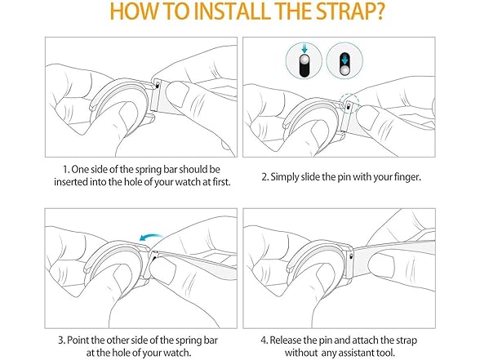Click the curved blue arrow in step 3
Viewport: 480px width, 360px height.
pyautogui.click(x=150, y=237)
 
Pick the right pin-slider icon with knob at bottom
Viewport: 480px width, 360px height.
pyautogui.click(x=344, y=64)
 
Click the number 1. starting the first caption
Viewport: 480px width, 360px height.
pyautogui.click(x=66, y=169)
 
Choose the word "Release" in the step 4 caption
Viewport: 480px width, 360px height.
pyautogui.click(x=286, y=340)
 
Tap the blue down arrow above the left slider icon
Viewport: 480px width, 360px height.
pyautogui.click(x=304, y=48)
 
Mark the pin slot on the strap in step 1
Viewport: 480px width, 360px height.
pyautogui.click(x=158, y=85)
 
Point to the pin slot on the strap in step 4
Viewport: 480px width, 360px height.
pyautogui.click(x=351, y=256)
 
